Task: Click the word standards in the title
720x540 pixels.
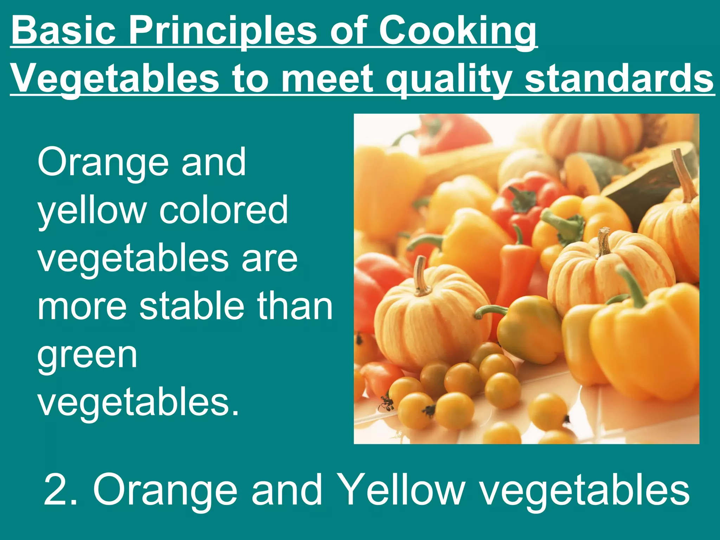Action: coord(619,79)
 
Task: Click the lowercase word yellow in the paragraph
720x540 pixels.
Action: coord(92,211)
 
